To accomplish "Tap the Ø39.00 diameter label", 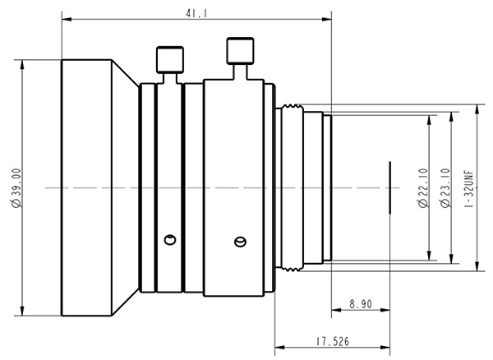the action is pyautogui.click(x=16, y=188).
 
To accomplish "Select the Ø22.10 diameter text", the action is pyautogui.click(x=424, y=188).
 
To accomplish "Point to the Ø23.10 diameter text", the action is pyautogui.click(x=446, y=188).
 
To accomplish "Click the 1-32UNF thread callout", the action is pyautogui.click(x=469, y=189).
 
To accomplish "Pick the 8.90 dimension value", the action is pyautogui.click(x=361, y=304).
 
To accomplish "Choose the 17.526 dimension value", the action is pyautogui.click(x=333, y=341).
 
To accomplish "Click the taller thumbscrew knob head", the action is pyautogui.click(x=240, y=51).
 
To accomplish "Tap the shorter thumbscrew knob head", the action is pyautogui.click(x=170, y=60).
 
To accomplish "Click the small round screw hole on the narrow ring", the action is pyautogui.click(x=170, y=240).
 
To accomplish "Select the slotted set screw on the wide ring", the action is pyautogui.click(x=240, y=242).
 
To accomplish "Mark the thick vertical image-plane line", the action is pyautogui.click(x=389, y=187).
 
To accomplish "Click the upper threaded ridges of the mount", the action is pyautogui.click(x=291, y=107).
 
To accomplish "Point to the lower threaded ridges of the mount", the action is pyautogui.click(x=291, y=269).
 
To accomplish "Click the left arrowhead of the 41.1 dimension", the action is pyautogui.click(x=67, y=20).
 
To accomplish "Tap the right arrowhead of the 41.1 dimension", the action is pyautogui.click(x=327, y=20).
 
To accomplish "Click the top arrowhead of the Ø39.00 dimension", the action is pyautogui.click(x=22, y=64).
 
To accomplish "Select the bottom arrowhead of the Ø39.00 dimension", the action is pyautogui.click(x=22, y=311).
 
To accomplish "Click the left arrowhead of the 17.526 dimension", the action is pyautogui.click(x=279, y=348).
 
